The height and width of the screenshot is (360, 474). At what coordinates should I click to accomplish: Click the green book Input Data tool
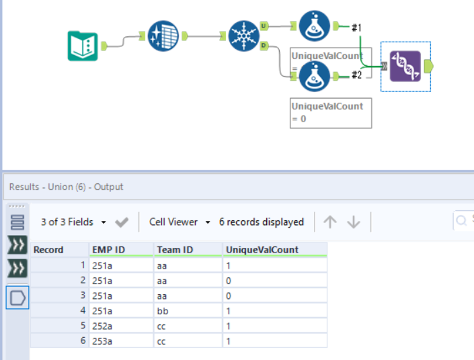coord(83,46)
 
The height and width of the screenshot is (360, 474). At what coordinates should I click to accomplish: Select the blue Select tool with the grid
coord(163,36)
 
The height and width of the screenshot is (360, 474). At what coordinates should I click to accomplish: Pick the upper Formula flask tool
coord(314,26)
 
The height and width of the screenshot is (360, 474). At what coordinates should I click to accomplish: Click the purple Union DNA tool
coord(405,66)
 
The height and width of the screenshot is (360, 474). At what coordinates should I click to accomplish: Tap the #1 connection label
coord(356,27)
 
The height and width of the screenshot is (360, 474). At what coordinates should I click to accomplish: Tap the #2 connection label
coord(356,75)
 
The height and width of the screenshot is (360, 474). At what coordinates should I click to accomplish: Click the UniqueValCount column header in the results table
coord(262,250)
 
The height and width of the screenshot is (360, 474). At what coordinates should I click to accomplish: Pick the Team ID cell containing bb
coord(164,311)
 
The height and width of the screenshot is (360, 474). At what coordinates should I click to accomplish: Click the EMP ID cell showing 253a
coord(104,341)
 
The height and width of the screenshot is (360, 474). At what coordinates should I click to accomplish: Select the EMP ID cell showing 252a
coord(104,326)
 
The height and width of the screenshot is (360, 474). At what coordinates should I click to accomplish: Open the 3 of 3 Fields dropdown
coord(73,222)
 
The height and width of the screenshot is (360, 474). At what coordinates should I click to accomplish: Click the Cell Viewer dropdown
coord(180,222)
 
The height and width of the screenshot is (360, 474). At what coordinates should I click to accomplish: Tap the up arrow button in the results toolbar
coord(330,222)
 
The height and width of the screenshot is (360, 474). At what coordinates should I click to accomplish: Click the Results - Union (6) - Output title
coord(66,187)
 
